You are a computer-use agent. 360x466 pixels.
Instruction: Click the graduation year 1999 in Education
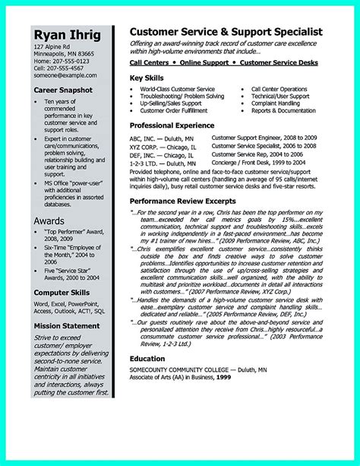245,378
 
